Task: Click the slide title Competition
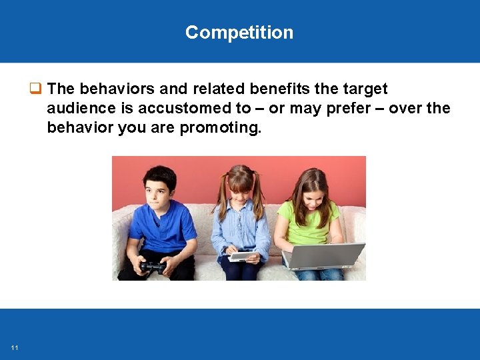point(239,33)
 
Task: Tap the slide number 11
point(15,347)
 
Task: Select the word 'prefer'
point(349,108)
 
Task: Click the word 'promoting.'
point(221,127)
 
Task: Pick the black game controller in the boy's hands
point(152,267)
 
